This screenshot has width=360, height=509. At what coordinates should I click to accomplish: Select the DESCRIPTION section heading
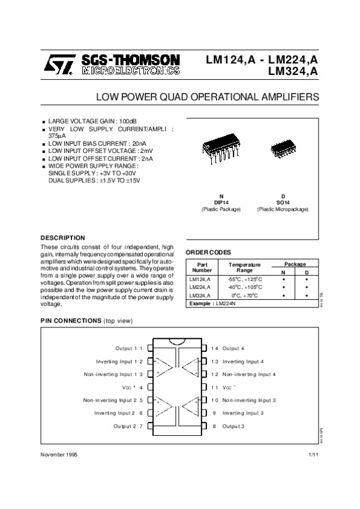coord(62,237)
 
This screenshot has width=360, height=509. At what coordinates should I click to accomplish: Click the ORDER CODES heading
coord(209,252)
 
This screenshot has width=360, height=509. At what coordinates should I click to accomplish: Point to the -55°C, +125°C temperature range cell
coord(244,279)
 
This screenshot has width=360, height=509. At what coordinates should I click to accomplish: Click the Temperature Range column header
coord(244,267)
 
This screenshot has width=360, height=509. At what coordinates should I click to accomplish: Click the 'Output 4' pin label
coord(233,348)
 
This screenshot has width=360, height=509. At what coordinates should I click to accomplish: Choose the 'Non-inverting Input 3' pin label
coord(249,400)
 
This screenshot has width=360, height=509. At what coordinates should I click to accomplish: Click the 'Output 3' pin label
coord(233,426)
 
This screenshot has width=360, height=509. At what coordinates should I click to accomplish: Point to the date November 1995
coord(59,456)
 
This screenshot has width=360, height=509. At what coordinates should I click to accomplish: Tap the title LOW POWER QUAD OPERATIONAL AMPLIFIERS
coord(208,96)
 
